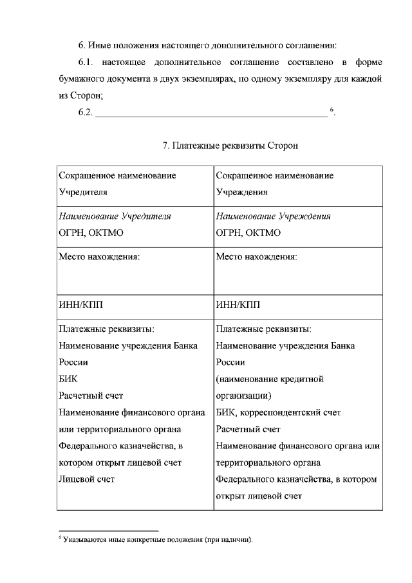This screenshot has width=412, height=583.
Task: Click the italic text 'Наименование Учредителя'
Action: (115, 216)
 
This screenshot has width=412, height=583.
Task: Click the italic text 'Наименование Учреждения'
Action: (273, 216)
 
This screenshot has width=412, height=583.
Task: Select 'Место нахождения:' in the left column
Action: (99, 256)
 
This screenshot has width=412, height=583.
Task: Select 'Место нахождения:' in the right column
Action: (257, 256)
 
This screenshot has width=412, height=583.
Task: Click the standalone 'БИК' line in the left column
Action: (68, 379)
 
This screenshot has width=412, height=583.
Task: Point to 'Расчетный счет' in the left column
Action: (91, 396)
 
